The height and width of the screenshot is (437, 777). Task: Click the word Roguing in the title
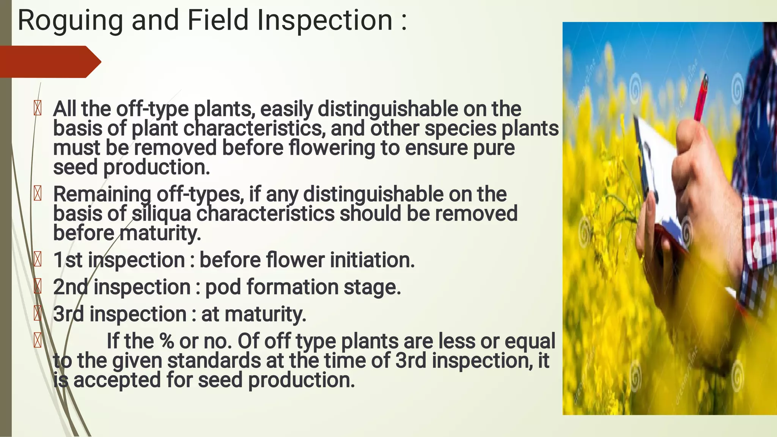70,21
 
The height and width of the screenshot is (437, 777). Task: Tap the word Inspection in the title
325,21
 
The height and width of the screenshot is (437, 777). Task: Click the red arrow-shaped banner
49,62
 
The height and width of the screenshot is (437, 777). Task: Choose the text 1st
68,260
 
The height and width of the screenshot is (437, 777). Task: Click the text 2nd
71,287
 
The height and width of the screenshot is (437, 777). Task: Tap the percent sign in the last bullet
167,341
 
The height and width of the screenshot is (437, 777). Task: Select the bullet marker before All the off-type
38,109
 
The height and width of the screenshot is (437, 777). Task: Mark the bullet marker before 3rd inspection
38,313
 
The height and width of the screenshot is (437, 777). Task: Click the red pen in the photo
701,99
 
